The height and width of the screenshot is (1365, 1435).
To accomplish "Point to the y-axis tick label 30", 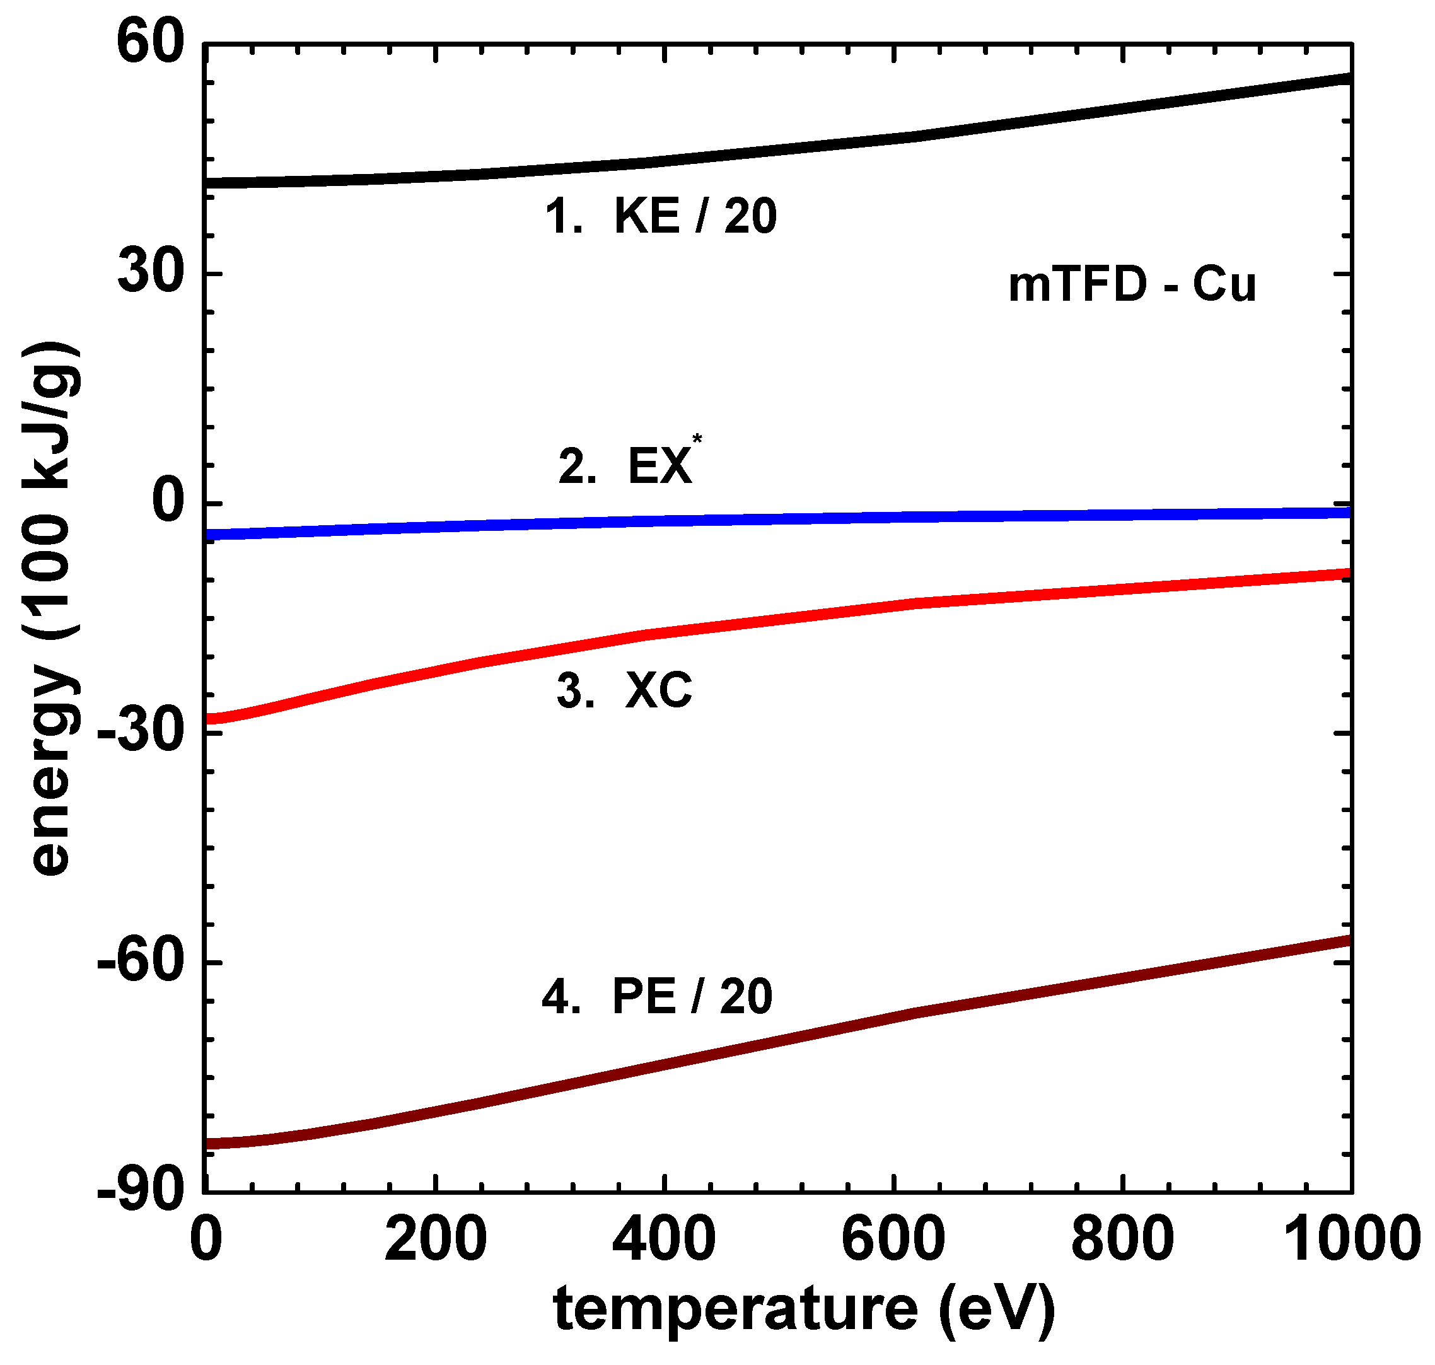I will tap(149, 274).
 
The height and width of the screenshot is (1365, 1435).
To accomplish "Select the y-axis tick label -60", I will tap(140, 962).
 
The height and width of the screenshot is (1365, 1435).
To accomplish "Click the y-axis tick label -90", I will tap(140, 1192).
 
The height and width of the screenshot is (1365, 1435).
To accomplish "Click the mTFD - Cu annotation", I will tap(1132, 284).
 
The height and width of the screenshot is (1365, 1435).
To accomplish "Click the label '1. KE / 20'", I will tap(661, 216).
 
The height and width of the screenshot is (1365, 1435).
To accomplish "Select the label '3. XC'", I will tap(624, 690).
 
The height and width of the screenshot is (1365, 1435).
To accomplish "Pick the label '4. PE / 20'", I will tap(656, 996).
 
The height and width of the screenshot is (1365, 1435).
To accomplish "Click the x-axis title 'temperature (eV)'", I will tap(804, 1310).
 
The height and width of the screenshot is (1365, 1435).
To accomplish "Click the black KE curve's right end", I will tap(1349, 78).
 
